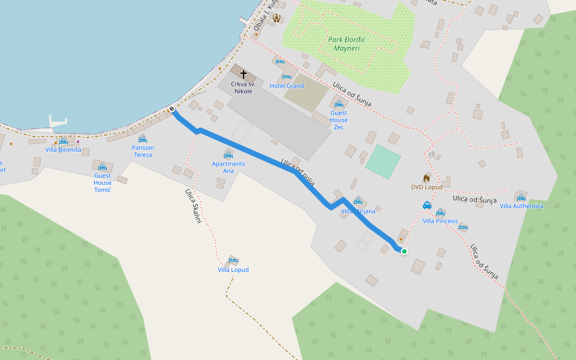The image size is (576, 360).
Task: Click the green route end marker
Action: [404, 251]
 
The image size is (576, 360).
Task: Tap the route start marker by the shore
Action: [172, 109]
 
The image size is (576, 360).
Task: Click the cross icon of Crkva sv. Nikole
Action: [244, 73]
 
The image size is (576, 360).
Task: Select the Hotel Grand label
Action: [287, 86]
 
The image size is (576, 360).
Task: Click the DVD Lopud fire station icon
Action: [427, 178]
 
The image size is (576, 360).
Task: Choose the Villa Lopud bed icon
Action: [233, 260]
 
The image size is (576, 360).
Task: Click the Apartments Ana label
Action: [229, 167]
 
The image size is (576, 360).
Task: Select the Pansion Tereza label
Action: [143, 151]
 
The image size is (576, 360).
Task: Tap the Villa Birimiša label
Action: [63, 150]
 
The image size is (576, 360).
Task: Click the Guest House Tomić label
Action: [103, 178]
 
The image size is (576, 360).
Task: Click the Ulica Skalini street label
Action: [193, 206]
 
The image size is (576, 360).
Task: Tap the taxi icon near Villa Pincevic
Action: [427, 205]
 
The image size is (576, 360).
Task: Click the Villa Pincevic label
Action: [440, 221]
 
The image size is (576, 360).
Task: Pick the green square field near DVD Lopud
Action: [383, 161]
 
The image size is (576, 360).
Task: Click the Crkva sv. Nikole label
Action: [244, 88]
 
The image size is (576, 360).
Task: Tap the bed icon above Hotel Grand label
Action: [287, 77]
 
